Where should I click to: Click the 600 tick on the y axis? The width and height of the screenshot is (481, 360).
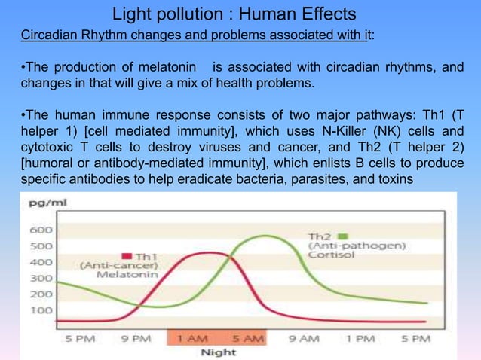[41, 230]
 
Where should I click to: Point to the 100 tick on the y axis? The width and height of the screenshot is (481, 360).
[41, 310]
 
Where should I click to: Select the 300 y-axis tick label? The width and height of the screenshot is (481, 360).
[41, 279]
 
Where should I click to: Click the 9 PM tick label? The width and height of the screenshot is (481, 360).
[136, 339]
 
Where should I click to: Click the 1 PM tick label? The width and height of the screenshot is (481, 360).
[360, 339]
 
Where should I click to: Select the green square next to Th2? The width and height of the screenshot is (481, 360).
[342, 235]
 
